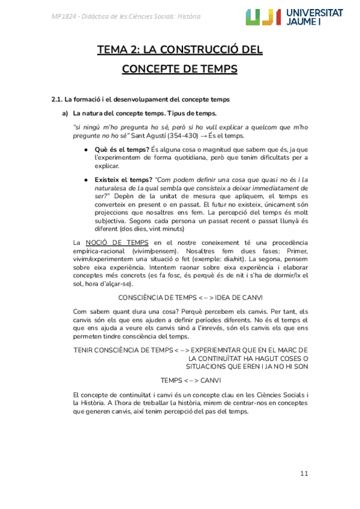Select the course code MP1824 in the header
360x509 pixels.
[x=62, y=16]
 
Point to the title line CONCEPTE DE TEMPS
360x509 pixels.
[x=179, y=69]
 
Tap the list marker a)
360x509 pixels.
[x=65, y=113]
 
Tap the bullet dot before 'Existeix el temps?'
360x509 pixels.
[x=88, y=179]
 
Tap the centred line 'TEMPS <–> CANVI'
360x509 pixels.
[x=190, y=380]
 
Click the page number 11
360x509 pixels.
[x=304, y=474]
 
